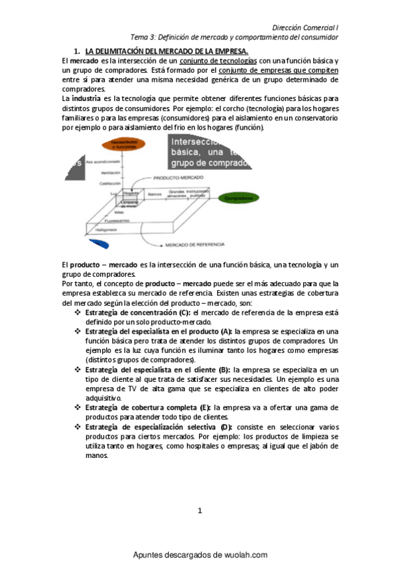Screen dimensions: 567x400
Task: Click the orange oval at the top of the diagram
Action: (x=120, y=146)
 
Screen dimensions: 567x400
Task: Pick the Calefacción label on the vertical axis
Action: (x=111, y=183)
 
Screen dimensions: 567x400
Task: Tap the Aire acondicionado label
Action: (x=103, y=162)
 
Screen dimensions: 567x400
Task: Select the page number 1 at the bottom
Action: (x=200, y=512)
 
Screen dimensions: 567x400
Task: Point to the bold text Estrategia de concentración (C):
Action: (x=138, y=312)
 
